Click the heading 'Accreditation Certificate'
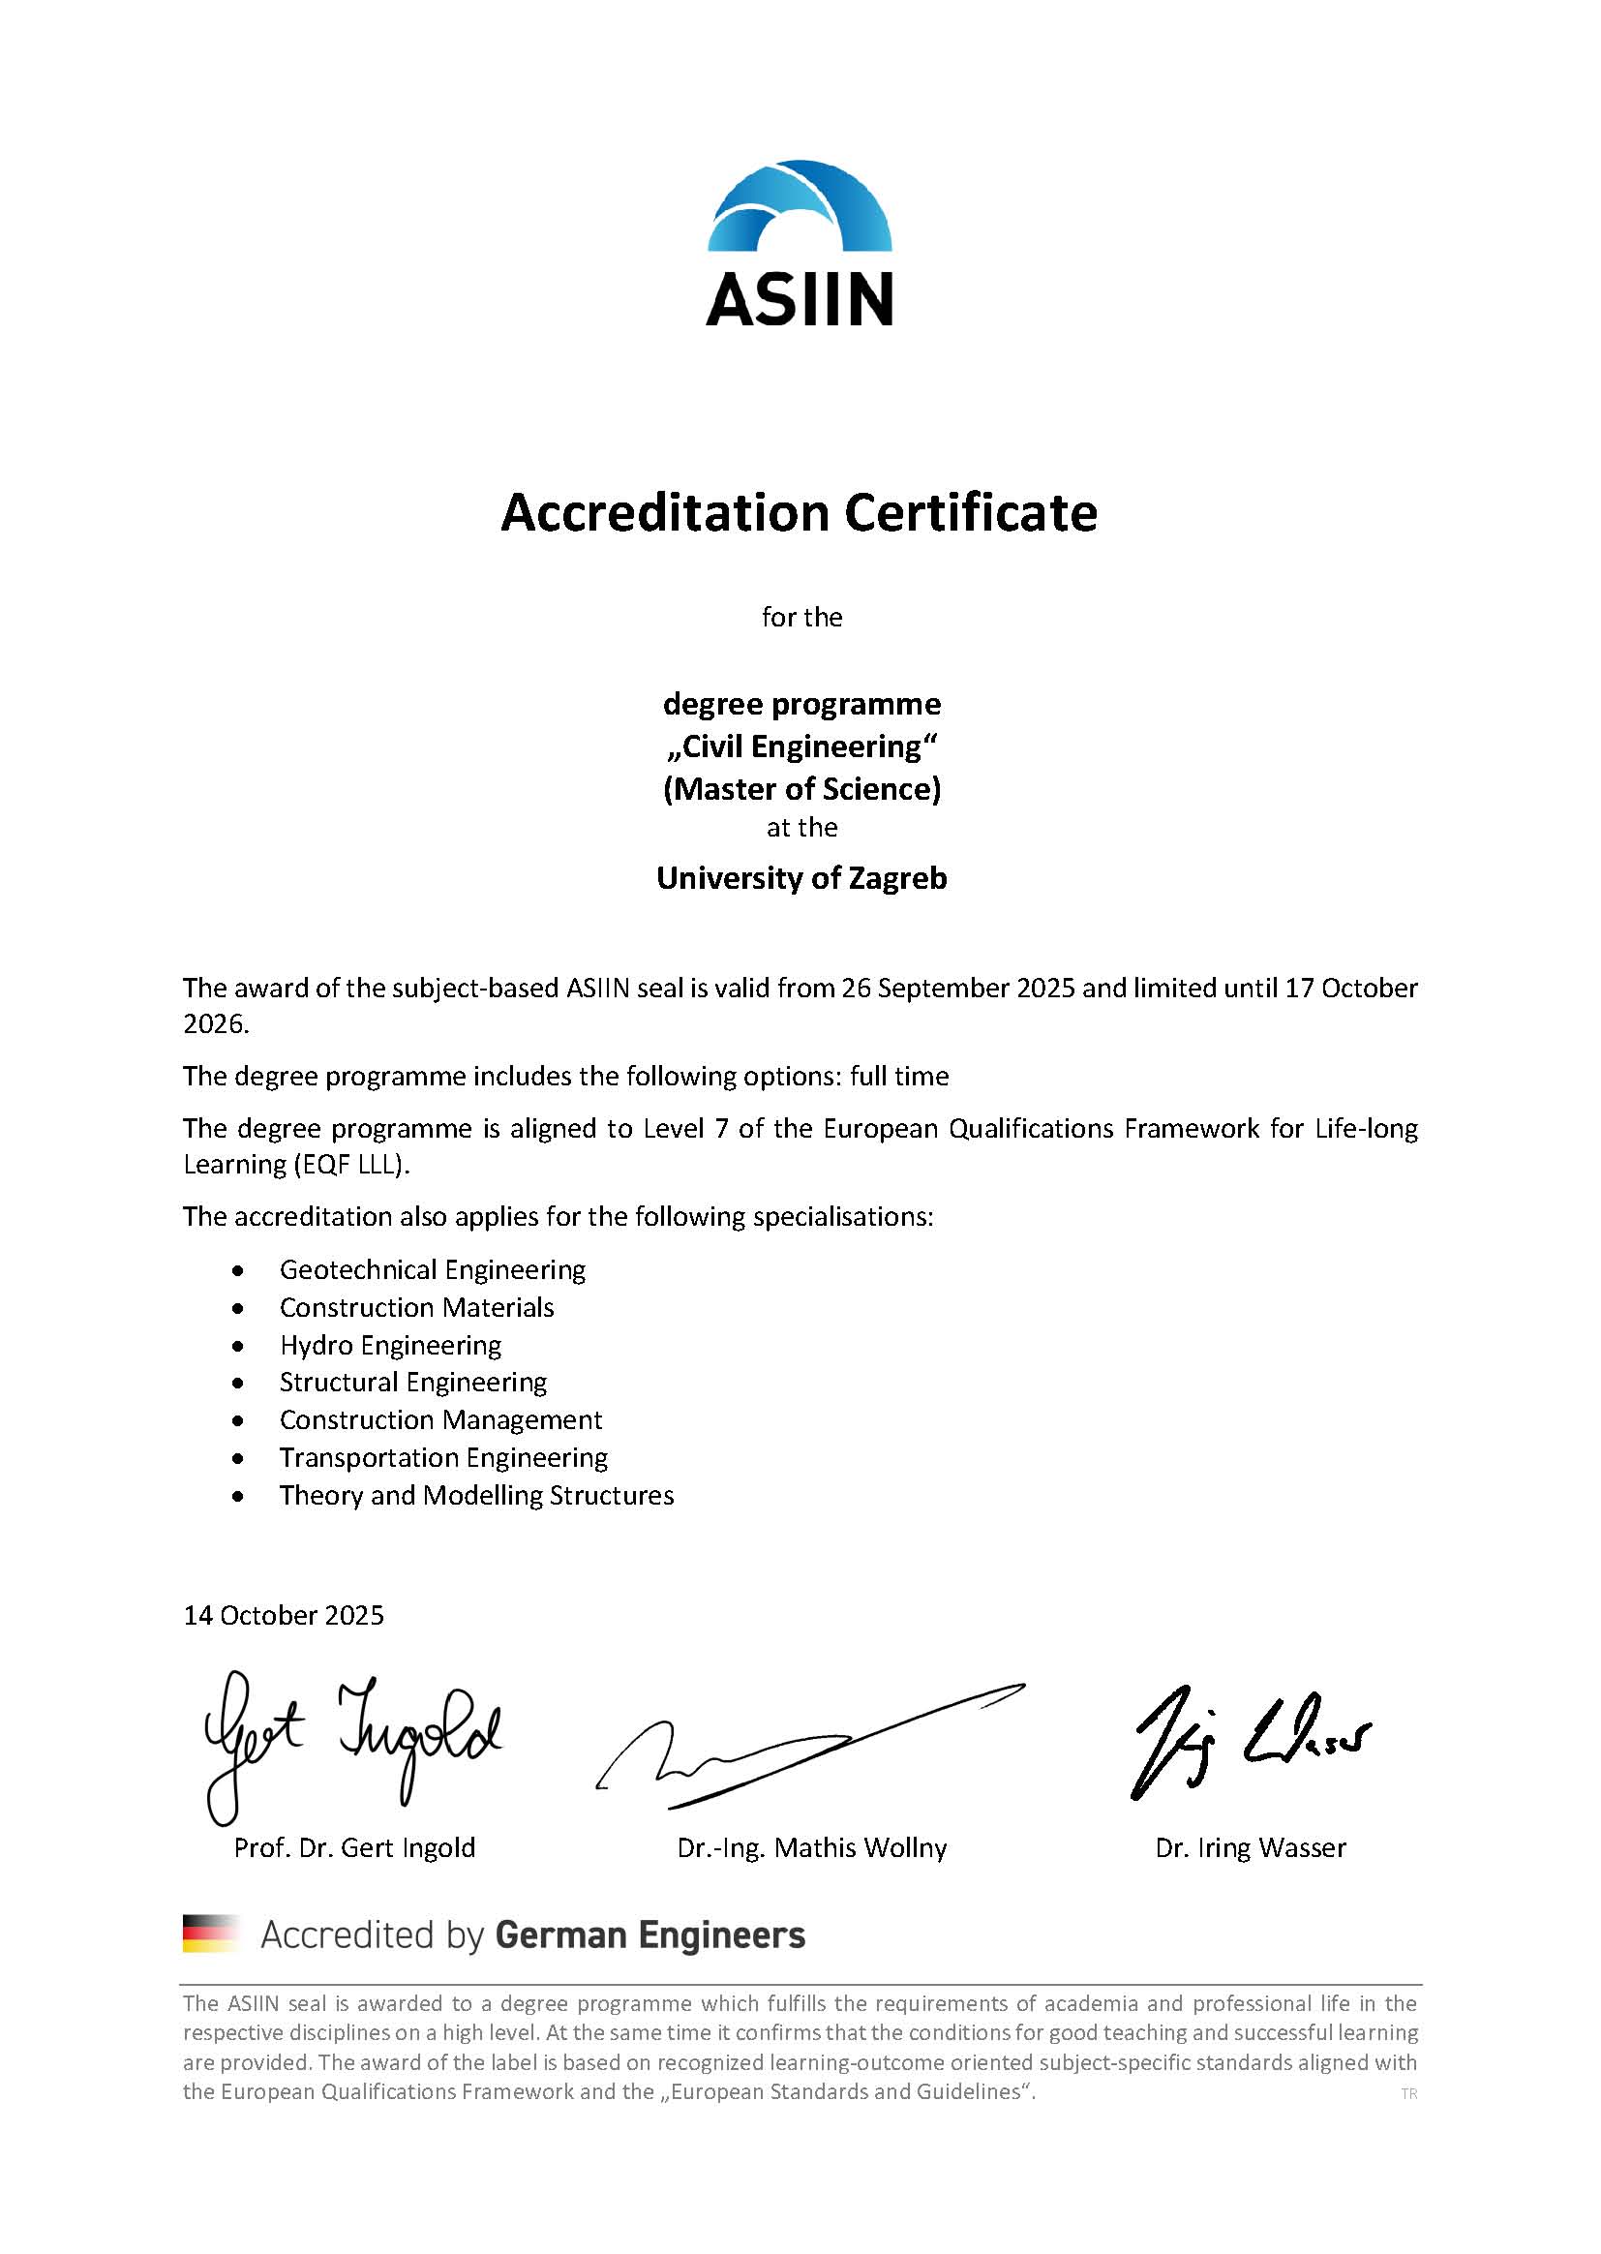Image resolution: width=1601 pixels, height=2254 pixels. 800,513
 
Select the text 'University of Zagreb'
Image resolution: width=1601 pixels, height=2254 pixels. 801,877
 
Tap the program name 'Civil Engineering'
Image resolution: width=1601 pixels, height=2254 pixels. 801,746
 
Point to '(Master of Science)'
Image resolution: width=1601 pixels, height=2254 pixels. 801,789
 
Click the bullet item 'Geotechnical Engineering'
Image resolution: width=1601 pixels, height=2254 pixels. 432,1270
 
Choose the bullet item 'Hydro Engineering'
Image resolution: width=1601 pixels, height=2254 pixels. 390,1346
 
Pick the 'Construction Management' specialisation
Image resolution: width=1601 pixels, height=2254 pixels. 440,1419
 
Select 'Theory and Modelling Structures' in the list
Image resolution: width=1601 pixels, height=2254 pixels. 476,1496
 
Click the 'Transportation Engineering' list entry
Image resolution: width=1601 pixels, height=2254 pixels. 443,1457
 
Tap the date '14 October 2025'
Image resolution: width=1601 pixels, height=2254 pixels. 284,1615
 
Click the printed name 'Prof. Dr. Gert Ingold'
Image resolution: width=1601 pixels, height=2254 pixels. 354,1847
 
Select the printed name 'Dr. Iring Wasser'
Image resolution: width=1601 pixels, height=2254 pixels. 1250,1847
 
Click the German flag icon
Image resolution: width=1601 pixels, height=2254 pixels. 211,1934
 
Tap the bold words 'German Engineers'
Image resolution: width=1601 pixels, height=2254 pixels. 649,1934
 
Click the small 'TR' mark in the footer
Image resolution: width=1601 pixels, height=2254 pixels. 1408,2094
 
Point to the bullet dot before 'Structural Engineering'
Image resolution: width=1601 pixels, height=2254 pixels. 237,1384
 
